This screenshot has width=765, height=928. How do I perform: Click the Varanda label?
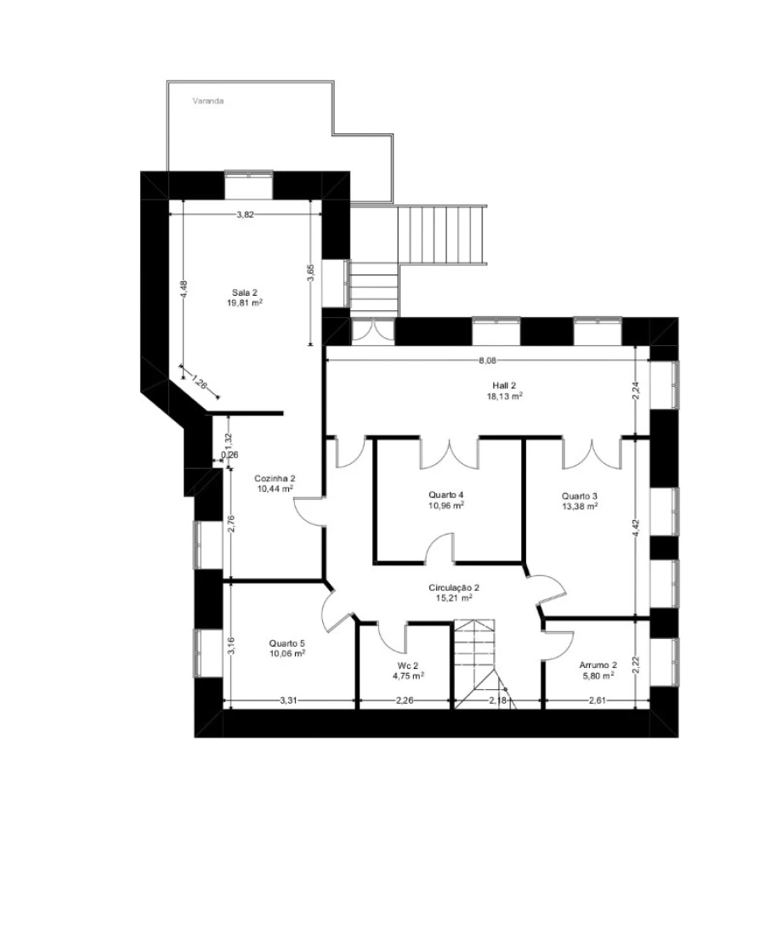click(208, 101)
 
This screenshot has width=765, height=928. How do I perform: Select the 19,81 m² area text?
click(245, 303)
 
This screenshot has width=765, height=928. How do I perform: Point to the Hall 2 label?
click(504, 386)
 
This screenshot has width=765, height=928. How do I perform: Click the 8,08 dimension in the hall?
click(488, 359)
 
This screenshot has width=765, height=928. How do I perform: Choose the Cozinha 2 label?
click(275, 478)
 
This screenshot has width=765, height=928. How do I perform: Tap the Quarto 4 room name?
click(446, 495)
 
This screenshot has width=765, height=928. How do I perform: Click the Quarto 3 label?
click(579, 496)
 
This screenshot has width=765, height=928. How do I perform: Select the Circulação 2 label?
click(454, 588)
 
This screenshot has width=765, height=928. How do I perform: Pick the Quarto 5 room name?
click(286, 643)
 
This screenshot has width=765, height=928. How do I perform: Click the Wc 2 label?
click(408, 665)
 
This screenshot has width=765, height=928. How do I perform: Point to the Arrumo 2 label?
click(598, 665)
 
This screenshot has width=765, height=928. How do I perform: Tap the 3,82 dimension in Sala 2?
click(245, 215)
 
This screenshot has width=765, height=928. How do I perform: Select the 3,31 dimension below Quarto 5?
click(288, 701)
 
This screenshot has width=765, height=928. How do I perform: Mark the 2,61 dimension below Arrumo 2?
click(598, 701)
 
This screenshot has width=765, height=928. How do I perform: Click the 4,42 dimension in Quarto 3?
click(636, 528)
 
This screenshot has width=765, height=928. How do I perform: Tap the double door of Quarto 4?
click(449, 453)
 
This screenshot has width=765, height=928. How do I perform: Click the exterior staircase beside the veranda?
click(442, 235)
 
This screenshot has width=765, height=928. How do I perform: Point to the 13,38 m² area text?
click(579, 506)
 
